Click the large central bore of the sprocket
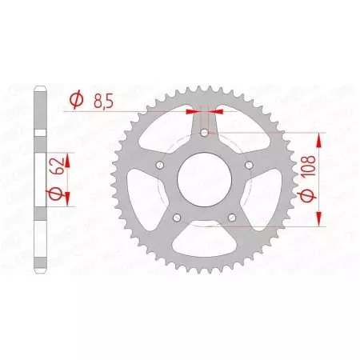tap(204, 180)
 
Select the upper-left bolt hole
tap(159, 165)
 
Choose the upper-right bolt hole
tap(249, 165)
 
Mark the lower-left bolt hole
tap(176, 218)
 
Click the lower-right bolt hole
tap(232, 218)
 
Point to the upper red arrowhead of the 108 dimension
tap(320, 141)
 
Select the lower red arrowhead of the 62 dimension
tap(66, 197)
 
